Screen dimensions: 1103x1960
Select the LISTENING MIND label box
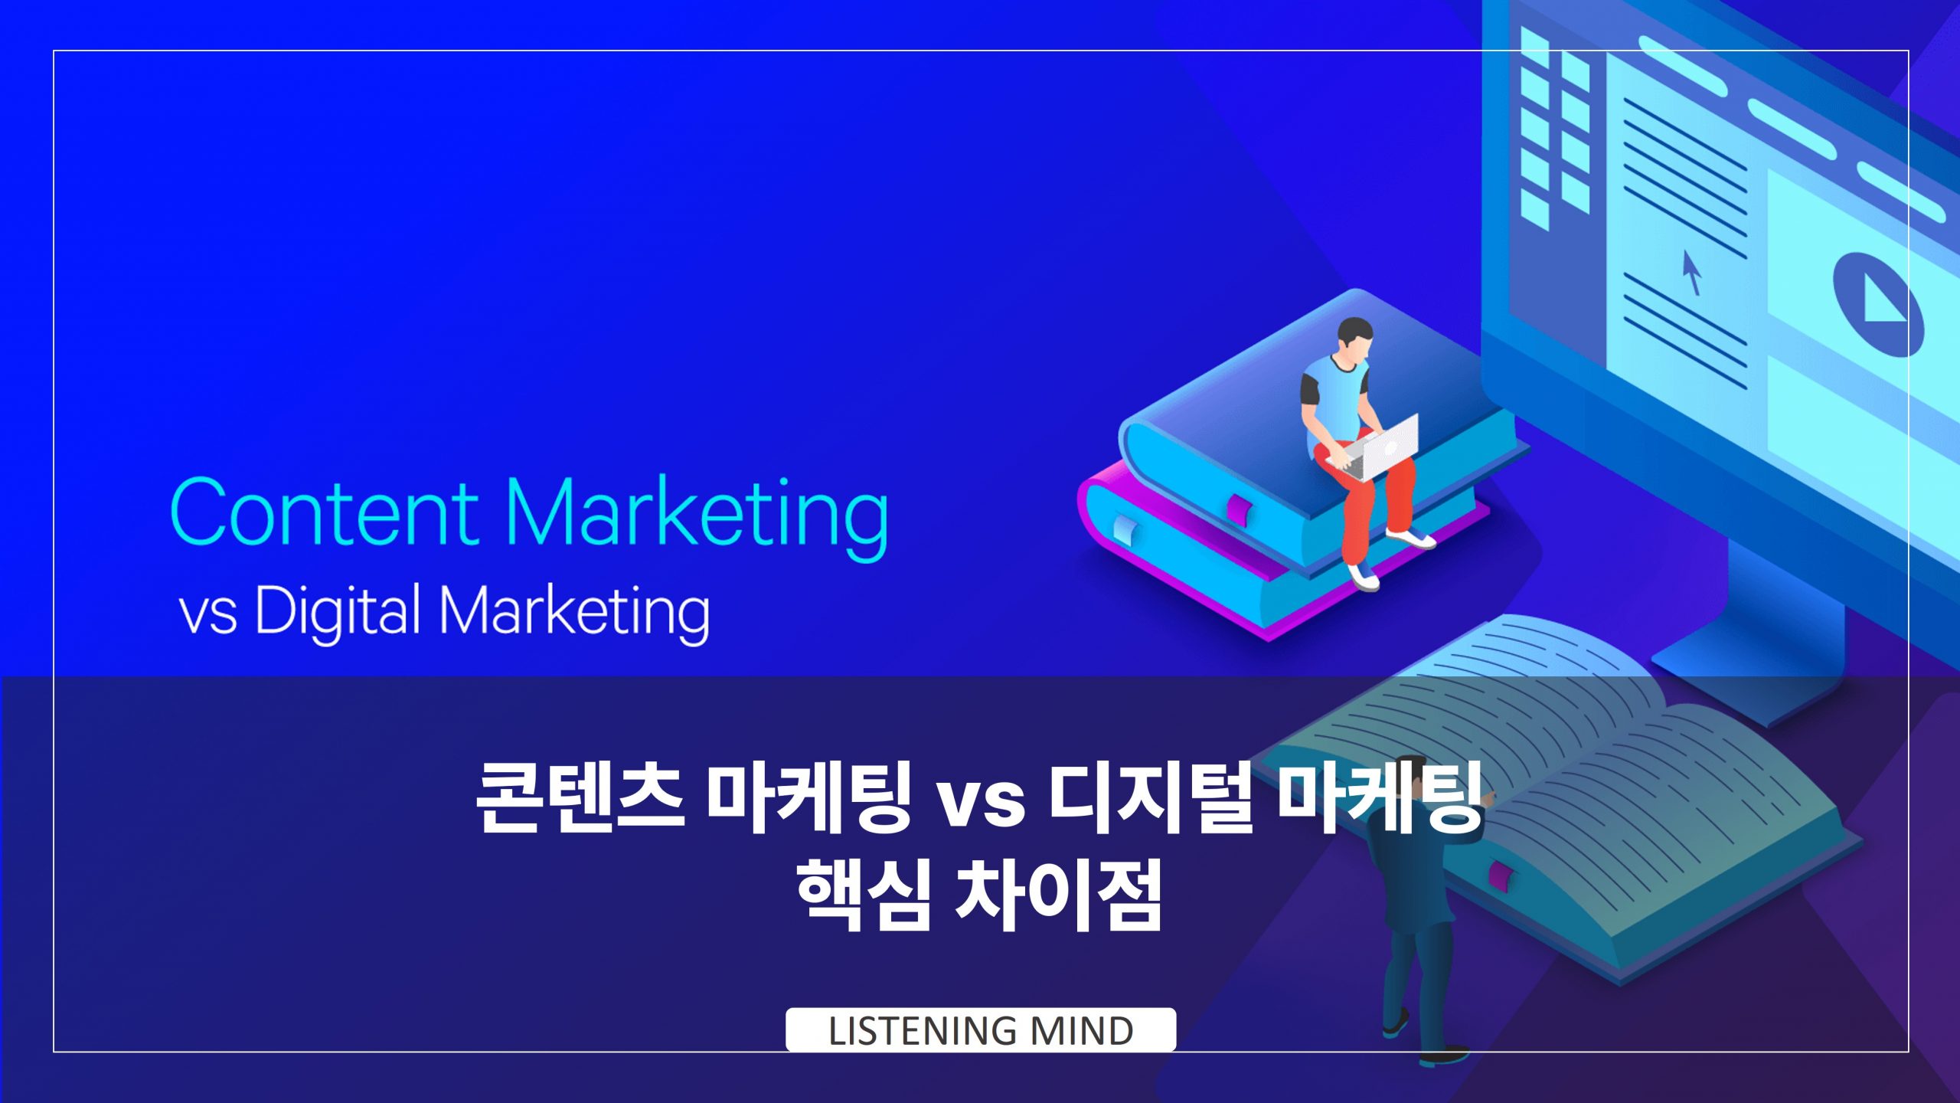980,1030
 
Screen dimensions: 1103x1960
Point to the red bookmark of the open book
1499,875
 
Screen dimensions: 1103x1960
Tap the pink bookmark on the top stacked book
1239,509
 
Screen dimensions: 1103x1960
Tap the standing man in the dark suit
1416,919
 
